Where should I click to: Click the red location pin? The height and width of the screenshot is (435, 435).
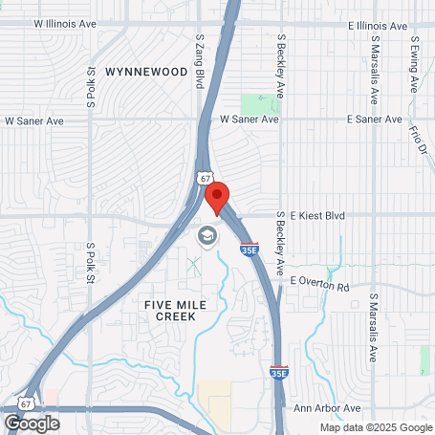pyautogui.click(x=218, y=198)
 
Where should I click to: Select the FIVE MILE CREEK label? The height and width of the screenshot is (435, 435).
pyautogui.click(x=176, y=310)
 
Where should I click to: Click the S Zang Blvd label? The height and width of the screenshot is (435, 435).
pyautogui.click(x=200, y=62)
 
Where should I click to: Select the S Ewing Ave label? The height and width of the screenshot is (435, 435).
pyautogui.click(x=415, y=63)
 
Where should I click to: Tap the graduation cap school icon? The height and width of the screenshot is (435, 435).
pyautogui.click(x=207, y=234)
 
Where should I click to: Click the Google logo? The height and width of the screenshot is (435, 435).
pyautogui.click(x=32, y=424)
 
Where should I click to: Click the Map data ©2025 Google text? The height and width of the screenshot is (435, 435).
pyautogui.click(x=375, y=428)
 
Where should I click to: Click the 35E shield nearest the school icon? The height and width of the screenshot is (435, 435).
pyautogui.click(x=249, y=251)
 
